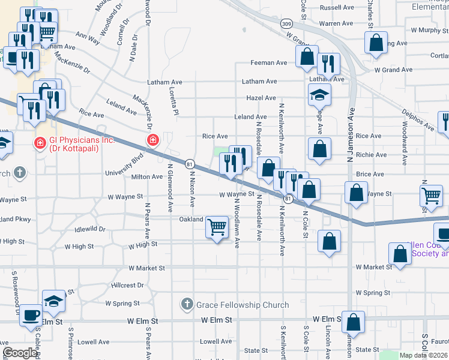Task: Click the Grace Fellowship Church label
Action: coord(243,305)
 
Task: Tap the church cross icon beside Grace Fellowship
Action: coord(187,305)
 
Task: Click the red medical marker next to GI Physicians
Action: coord(40,144)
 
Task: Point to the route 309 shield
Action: coord(286,23)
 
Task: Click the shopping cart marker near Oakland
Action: coord(216,227)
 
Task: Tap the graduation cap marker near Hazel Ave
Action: coord(319,94)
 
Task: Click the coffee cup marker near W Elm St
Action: coord(31,315)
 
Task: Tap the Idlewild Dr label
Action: coord(90,229)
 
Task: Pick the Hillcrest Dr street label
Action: coord(128,286)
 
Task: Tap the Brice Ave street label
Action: coord(370,174)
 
